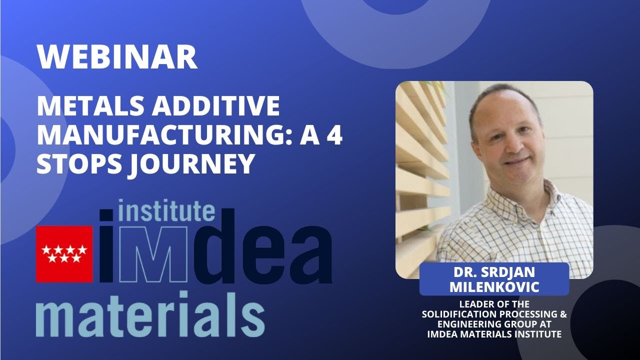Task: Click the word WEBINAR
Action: tap(117, 57)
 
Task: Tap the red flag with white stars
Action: tap(64, 254)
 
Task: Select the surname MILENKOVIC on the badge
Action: tap(494, 287)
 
